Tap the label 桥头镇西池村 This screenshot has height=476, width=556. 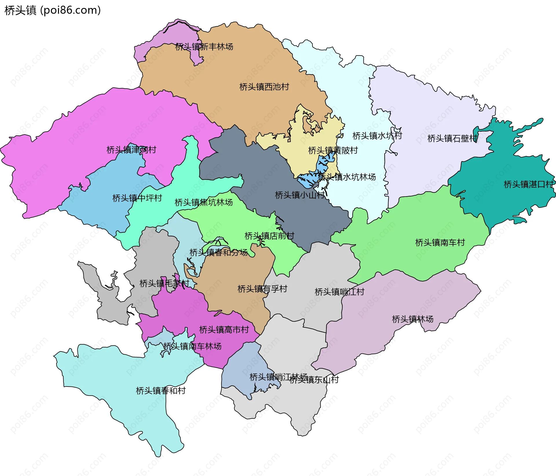click(x=264, y=87)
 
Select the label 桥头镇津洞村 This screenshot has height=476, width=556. click(x=131, y=150)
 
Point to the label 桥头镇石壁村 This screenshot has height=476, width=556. click(x=452, y=138)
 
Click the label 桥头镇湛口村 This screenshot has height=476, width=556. click(x=528, y=184)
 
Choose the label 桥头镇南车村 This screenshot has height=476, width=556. click(x=440, y=242)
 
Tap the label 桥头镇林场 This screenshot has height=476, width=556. click(x=412, y=319)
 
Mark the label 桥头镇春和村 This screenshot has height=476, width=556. click(x=161, y=391)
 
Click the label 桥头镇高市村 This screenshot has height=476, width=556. click(x=224, y=329)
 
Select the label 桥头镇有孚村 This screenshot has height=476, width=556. click(x=262, y=289)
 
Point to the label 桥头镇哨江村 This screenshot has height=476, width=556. click(x=339, y=292)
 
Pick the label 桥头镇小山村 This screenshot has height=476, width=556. click(x=300, y=195)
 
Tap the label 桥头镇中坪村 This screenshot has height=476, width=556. click(x=137, y=198)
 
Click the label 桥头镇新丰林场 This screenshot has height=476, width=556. click(x=204, y=47)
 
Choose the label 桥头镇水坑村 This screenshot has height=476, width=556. click(x=377, y=136)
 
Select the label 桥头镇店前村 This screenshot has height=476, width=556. click(x=269, y=236)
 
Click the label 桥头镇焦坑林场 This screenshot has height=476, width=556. click(x=204, y=202)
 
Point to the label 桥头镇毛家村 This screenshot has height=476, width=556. click(x=164, y=283)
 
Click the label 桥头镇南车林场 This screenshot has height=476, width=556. click(x=192, y=346)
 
